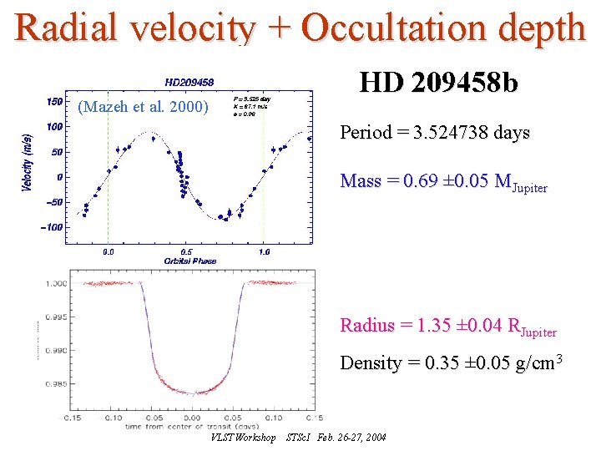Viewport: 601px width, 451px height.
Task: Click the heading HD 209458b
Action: point(438,83)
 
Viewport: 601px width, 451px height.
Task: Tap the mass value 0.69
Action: point(422,182)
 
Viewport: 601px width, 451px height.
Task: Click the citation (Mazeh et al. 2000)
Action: point(142,106)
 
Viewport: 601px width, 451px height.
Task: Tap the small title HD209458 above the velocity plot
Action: point(189,82)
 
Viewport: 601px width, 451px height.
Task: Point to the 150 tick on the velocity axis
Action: point(54,101)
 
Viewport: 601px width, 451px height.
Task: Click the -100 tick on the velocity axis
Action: point(52,227)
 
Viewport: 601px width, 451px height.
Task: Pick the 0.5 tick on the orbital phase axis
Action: point(186,251)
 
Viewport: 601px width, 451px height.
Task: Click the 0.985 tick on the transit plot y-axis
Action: point(54,385)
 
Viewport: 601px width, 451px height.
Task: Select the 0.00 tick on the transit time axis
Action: point(191,417)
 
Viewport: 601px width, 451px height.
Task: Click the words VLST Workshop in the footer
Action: point(243,438)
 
